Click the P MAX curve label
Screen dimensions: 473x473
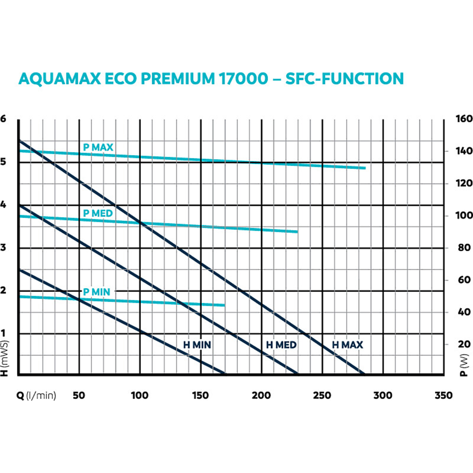(x=98, y=148)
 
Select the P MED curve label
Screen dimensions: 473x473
(x=98, y=214)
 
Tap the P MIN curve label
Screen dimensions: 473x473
(x=96, y=292)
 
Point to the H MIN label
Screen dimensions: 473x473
(x=197, y=345)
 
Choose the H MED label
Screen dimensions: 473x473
(x=281, y=345)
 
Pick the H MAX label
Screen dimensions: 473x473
(x=348, y=345)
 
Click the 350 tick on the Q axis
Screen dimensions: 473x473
(x=443, y=396)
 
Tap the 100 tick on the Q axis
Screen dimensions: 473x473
(x=140, y=396)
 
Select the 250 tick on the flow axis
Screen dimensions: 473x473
(x=322, y=396)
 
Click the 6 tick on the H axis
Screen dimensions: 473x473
(x=3, y=119)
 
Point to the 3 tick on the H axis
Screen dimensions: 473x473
(x=3, y=248)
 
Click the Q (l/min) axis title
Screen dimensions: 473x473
(x=36, y=396)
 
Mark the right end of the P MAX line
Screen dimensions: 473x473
(x=365, y=168)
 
